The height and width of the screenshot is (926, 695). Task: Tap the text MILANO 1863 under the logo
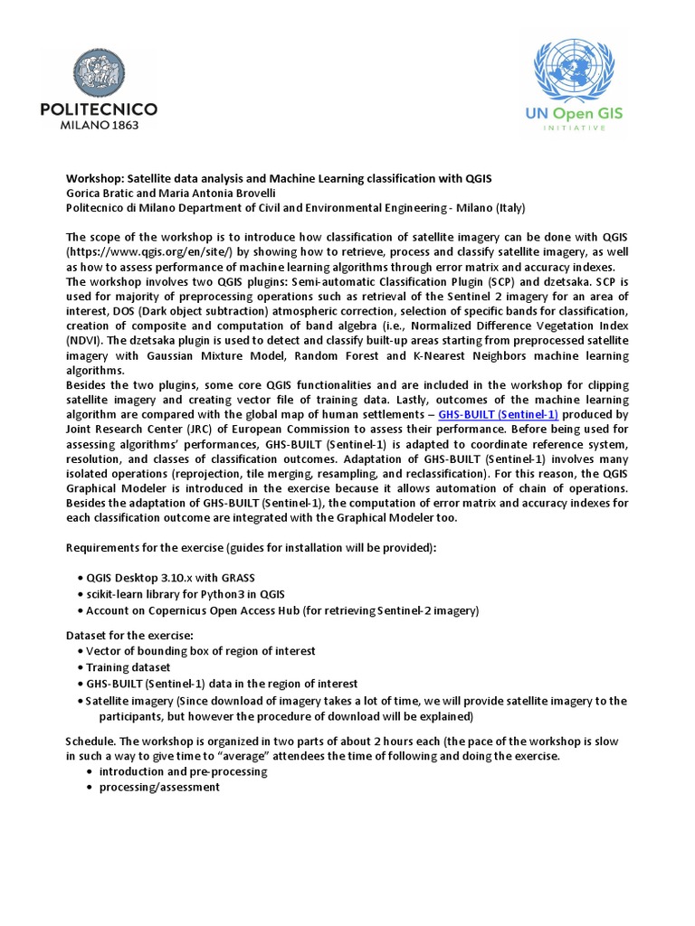[100, 126]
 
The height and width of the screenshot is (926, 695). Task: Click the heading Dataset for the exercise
[129, 635]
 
